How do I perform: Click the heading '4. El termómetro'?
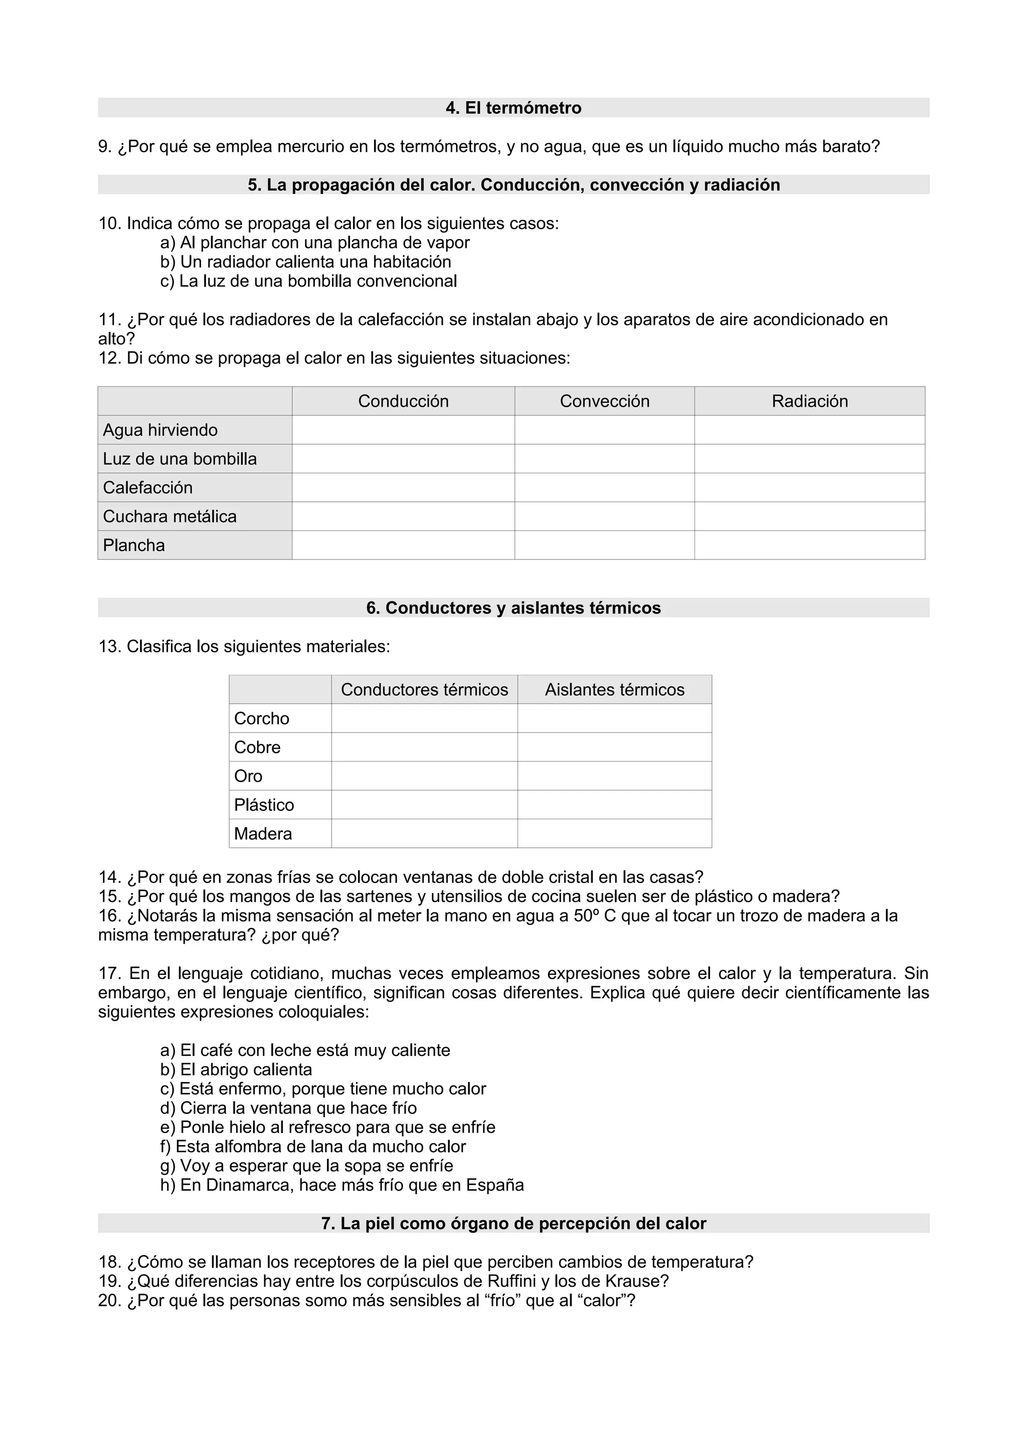[x=513, y=108]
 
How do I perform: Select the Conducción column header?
[x=403, y=401]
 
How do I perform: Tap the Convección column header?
[x=604, y=401]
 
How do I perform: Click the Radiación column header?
[x=809, y=401]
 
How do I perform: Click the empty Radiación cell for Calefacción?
[x=809, y=488]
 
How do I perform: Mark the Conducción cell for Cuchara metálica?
[x=403, y=516]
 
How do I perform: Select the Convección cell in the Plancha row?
[x=604, y=546]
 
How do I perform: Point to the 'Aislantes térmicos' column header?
[x=614, y=690]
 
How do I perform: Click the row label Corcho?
[x=261, y=719]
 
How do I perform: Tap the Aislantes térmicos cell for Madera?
[x=614, y=834]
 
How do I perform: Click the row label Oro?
[x=248, y=777]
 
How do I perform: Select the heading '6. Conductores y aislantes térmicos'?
[x=513, y=608]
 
